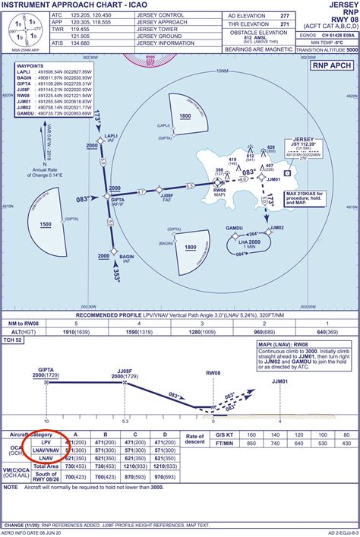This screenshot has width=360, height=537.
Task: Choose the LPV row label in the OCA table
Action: pyautogui.click(x=46, y=441)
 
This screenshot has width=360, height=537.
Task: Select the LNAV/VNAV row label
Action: pyautogui.click(x=46, y=450)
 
